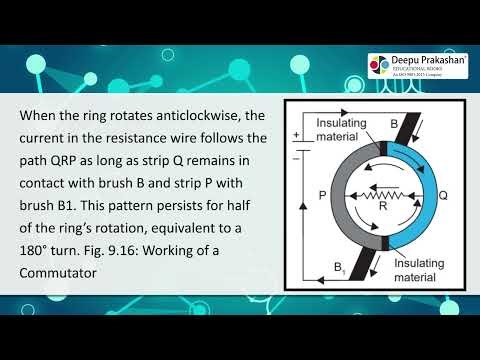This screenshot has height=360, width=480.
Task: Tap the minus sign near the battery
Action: tap(296, 158)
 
